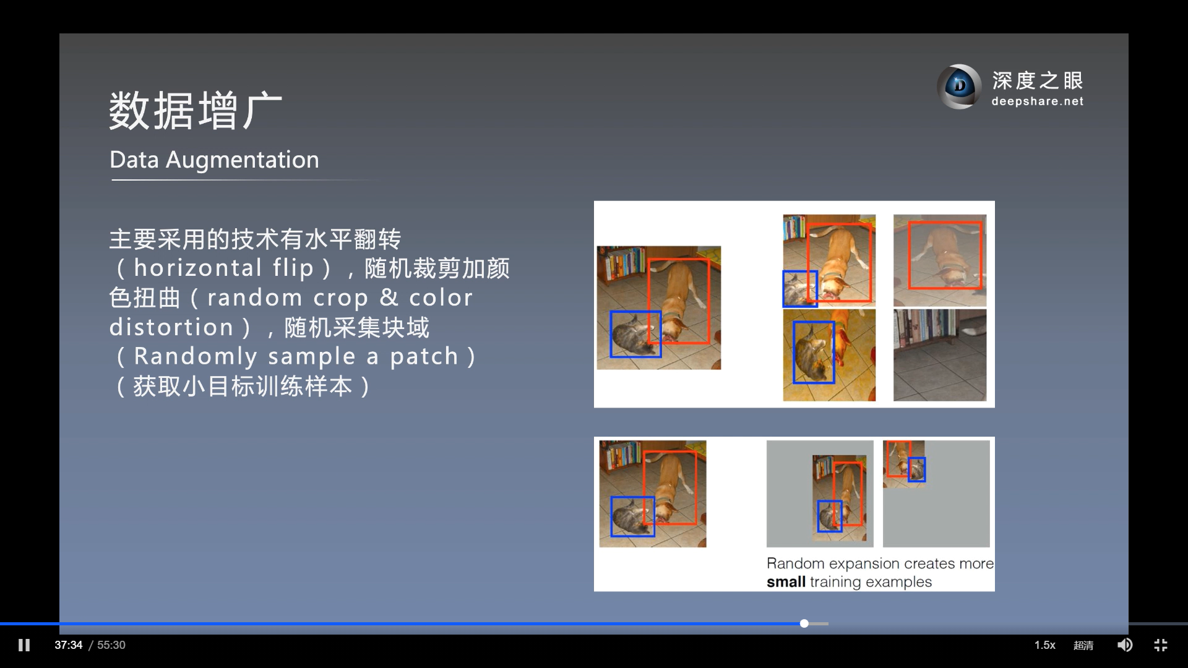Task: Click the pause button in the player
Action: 24,645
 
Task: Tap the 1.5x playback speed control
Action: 1044,645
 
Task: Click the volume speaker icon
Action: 1125,645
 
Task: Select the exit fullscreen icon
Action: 1161,645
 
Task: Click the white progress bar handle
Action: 804,623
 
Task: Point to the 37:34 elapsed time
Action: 68,645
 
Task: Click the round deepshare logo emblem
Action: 959,87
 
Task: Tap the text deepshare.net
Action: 1037,101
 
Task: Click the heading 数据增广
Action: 196,111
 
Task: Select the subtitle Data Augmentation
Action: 214,160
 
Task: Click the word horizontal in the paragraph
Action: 198,268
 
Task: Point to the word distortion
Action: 171,327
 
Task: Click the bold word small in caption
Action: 786,582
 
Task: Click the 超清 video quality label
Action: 1083,645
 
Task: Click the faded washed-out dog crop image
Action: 940,260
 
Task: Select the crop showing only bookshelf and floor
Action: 940,355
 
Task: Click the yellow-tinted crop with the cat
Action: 829,355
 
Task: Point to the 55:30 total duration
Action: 111,645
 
